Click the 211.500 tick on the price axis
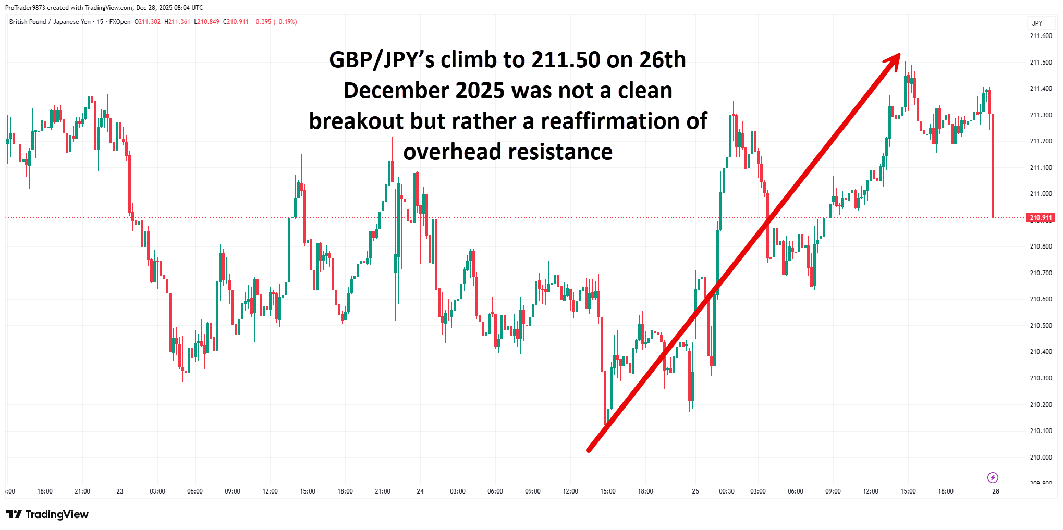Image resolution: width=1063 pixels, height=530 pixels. tap(1041, 63)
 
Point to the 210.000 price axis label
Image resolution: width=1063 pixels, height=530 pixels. tap(1041, 458)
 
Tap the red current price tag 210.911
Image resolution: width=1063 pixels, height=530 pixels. tap(1041, 218)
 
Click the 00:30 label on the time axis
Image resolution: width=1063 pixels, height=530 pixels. tap(726, 491)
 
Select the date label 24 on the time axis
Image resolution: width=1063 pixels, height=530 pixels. tap(420, 491)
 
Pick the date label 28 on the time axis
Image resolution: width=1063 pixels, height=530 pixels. tap(995, 491)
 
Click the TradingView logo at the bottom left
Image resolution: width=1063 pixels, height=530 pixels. tap(47, 514)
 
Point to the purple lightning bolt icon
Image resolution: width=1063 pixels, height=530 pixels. tap(993, 477)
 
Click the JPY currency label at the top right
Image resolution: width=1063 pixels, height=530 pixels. tap(1037, 23)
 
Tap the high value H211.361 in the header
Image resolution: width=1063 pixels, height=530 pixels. tap(177, 22)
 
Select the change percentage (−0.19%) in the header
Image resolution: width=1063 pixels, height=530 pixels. tap(286, 22)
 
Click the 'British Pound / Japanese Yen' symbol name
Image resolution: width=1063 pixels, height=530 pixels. tap(50, 22)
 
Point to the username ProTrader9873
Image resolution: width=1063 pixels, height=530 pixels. tap(25, 8)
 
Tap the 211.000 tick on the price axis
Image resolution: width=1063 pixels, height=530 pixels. tap(1041, 194)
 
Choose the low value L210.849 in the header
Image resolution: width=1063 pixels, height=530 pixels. tap(206, 22)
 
